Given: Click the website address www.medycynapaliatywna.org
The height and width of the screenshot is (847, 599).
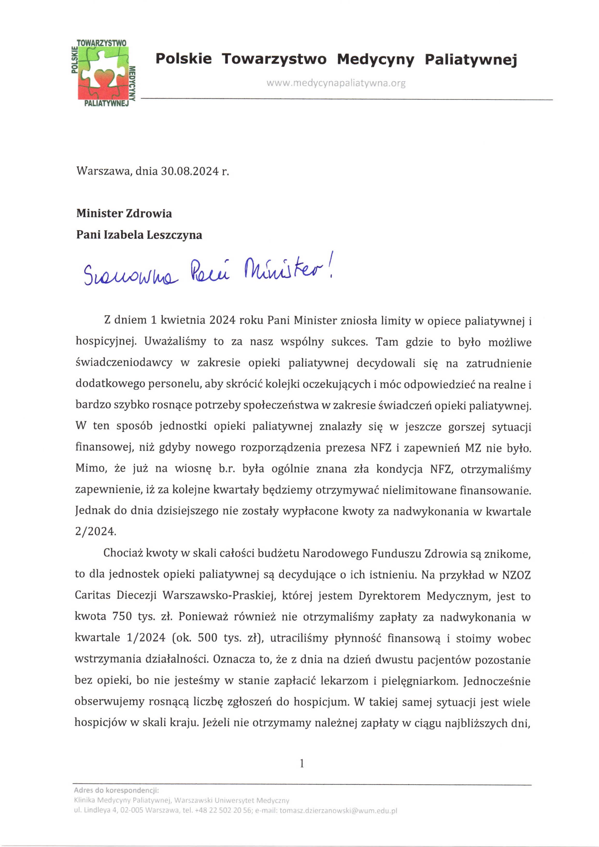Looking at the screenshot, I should click(336, 83).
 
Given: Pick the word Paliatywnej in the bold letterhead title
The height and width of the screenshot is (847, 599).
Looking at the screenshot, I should click(471, 59).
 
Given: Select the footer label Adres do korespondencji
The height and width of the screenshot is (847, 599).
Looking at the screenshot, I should click(116, 790).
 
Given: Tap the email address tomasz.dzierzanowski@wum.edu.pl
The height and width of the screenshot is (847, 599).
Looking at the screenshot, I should click(338, 811).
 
